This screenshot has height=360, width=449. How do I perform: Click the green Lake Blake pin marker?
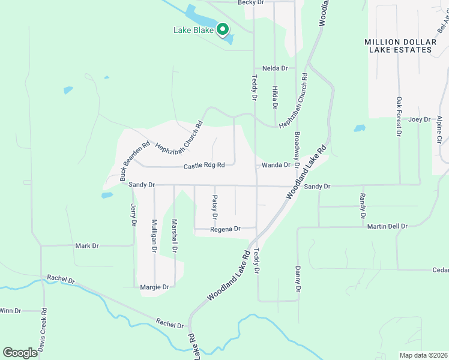[222, 29]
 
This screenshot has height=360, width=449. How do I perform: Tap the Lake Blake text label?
[194, 30]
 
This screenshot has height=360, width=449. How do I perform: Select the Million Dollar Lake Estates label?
[398, 46]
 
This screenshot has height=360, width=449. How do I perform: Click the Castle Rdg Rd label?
[204, 165]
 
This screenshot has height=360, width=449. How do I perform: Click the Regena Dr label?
[225, 229]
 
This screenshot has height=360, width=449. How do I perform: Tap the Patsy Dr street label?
[214, 207]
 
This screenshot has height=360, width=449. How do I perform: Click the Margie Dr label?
[154, 287]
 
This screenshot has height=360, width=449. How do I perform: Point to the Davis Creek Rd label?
[43, 329]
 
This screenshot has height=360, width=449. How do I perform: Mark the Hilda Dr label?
[275, 97]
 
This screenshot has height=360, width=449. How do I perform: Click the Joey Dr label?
[420, 119]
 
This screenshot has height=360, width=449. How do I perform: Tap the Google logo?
[20, 353]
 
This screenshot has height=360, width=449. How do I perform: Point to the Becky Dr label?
[251, 3]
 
